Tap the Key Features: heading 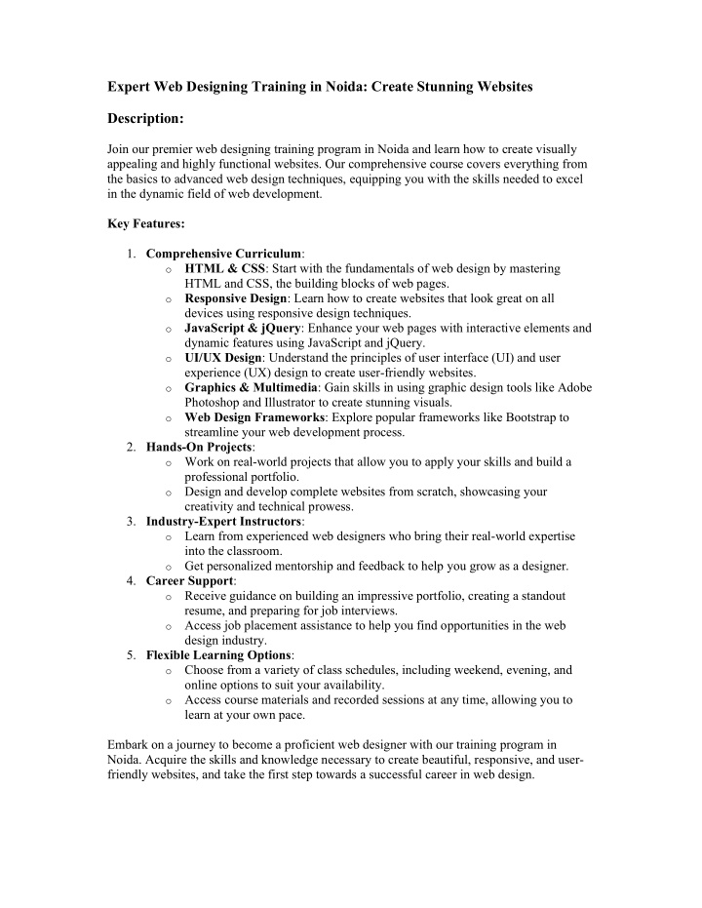point(145,223)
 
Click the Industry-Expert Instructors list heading point(223,522)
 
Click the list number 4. point(131,581)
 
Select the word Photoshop point(215,403)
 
